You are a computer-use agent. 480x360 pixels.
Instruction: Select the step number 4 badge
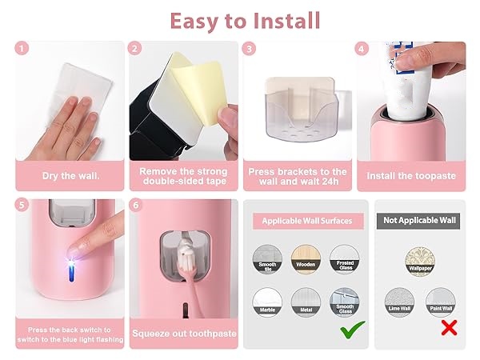(363, 49)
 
